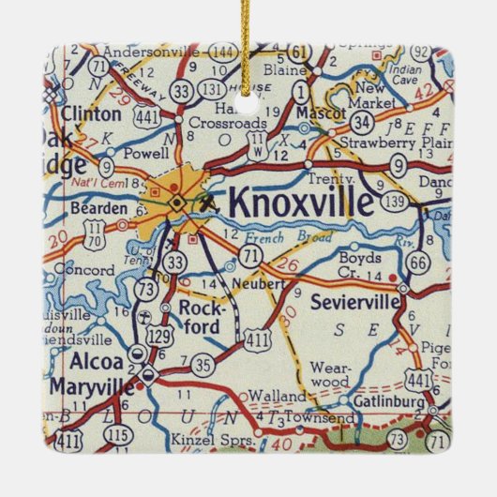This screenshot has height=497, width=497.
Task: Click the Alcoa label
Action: click(x=94, y=361)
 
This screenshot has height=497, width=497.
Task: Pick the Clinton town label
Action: click(x=91, y=114)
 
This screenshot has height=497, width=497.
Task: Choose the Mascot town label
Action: click(x=314, y=111)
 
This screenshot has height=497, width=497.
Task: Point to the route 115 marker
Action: click(x=116, y=436)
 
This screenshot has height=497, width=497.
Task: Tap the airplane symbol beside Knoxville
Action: click(x=209, y=200)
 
